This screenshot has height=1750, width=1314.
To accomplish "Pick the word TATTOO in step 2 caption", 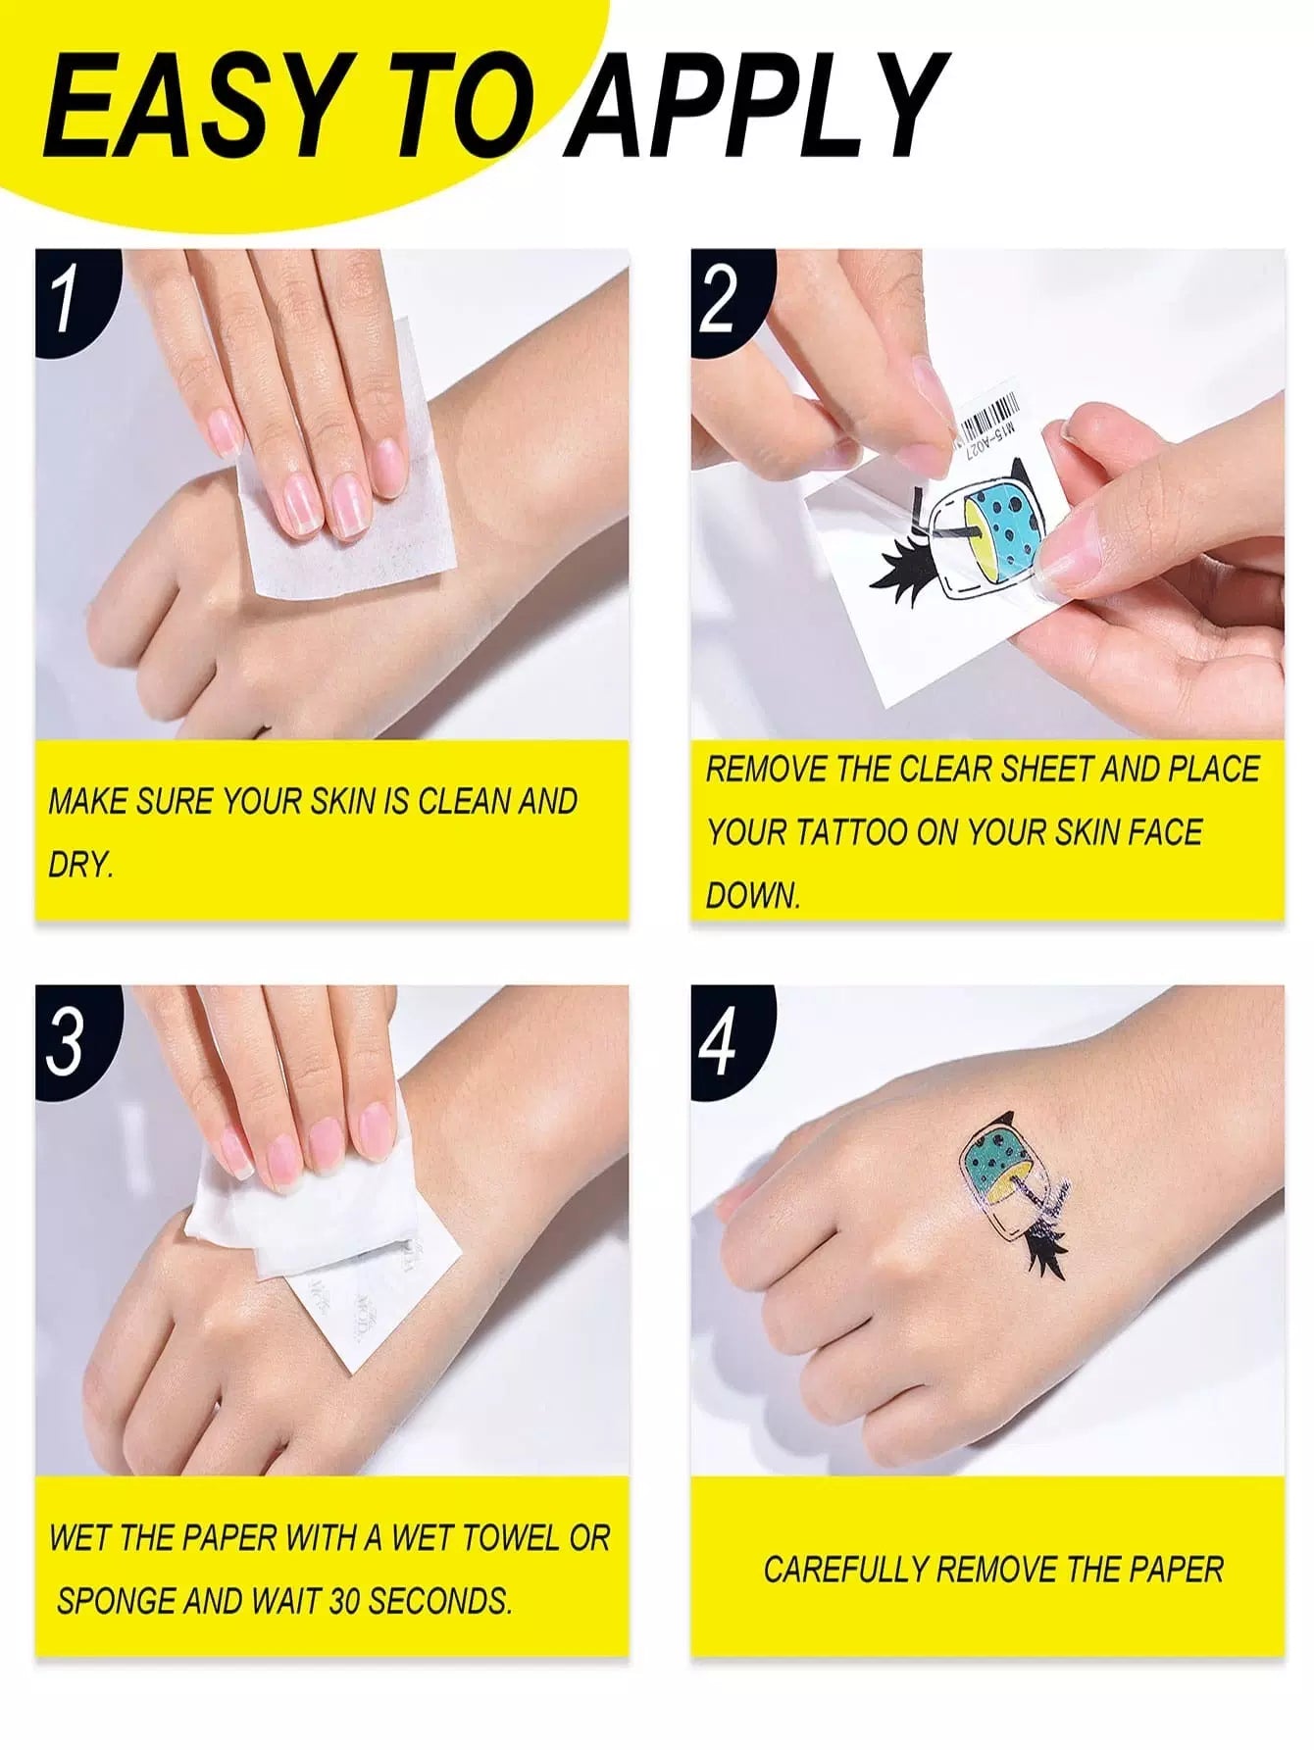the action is (x=850, y=832).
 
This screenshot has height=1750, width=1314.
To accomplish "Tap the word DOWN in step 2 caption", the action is (x=752, y=896).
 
